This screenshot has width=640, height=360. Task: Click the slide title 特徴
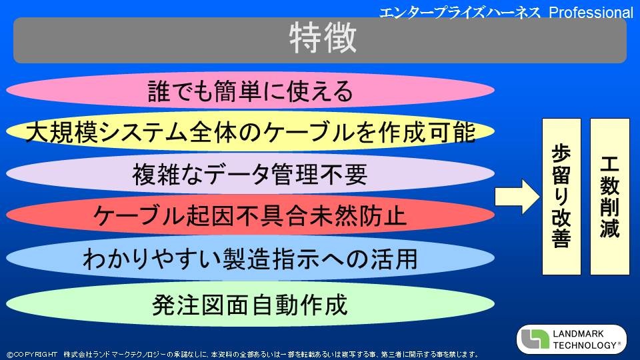[x=323, y=38]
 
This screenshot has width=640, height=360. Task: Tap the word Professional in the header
[x=591, y=12]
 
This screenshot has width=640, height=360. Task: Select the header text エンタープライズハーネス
[x=460, y=12]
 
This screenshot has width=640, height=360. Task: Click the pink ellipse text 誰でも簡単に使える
[x=250, y=91]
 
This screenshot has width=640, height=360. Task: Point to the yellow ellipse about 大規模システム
[x=250, y=131]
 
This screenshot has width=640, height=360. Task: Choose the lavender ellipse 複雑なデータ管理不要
[x=250, y=173]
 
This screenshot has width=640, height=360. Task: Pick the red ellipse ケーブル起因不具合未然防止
[x=250, y=215]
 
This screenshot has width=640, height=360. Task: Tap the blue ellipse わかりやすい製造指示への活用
[x=250, y=259]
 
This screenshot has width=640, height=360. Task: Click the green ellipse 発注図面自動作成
[x=250, y=304]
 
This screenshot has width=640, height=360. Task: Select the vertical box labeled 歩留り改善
[x=561, y=196]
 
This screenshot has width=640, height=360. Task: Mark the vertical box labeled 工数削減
[x=610, y=196]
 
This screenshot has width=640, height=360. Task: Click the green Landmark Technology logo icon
[x=535, y=339]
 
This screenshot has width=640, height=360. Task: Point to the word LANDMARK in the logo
[x=578, y=333]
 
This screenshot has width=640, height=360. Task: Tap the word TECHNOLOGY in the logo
[x=585, y=345]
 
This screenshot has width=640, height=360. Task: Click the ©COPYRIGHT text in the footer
[x=32, y=354]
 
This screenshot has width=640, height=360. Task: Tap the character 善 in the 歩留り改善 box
[x=561, y=237]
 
